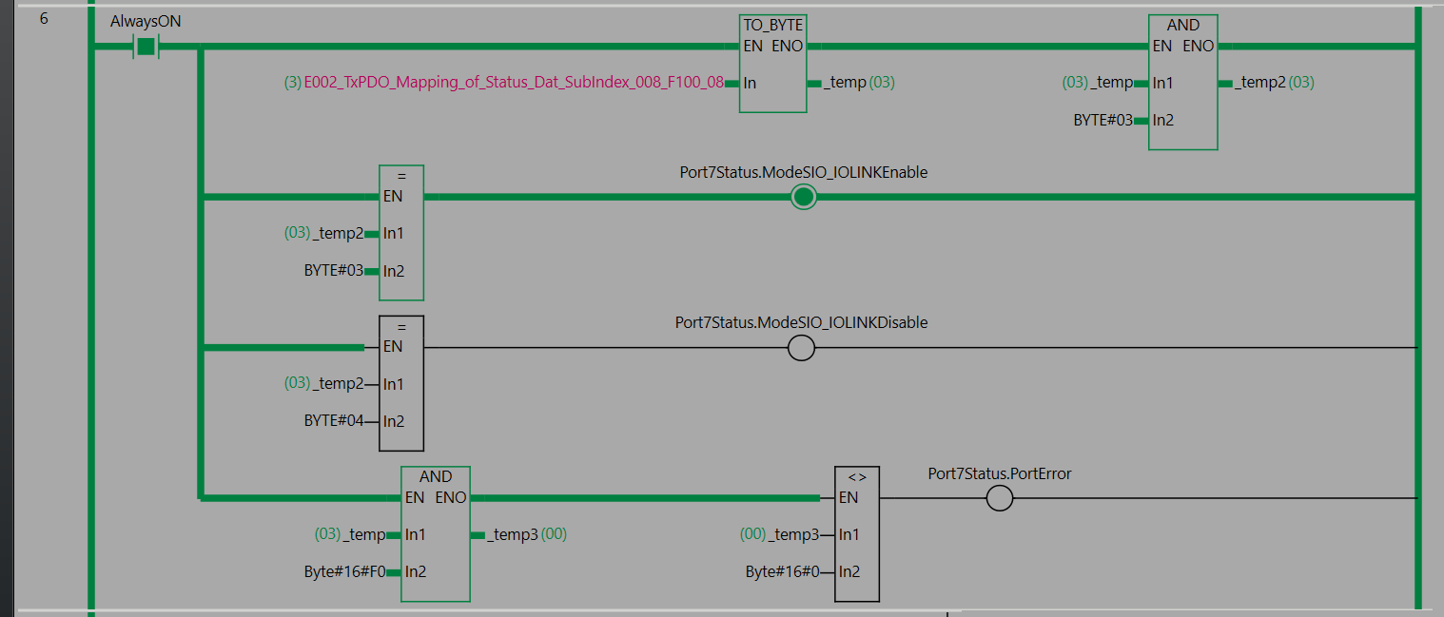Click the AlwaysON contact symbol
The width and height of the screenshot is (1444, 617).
pyautogui.click(x=146, y=47)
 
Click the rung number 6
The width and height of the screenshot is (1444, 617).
pyautogui.click(x=44, y=19)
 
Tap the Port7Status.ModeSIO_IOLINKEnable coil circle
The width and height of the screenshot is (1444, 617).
pyautogui.click(x=803, y=197)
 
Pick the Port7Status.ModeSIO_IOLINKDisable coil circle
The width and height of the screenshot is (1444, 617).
pyautogui.click(x=801, y=348)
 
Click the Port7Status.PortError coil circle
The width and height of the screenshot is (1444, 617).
pyautogui.click(x=999, y=498)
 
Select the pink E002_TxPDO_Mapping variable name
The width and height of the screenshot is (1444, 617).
pyautogui.click(x=514, y=83)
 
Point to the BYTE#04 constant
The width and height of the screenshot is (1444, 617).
pyautogui.click(x=333, y=420)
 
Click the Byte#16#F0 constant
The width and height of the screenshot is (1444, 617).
pyautogui.click(x=344, y=571)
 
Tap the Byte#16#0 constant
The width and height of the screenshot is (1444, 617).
pyautogui.click(x=782, y=571)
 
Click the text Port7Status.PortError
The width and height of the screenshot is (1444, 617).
pyautogui.click(x=999, y=474)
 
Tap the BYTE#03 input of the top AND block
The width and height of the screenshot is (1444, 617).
pyautogui.click(x=1103, y=120)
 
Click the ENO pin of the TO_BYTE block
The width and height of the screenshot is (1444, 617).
pyautogui.click(x=787, y=47)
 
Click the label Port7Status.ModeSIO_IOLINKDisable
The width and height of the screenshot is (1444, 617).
pyautogui.click(x=801, y=322)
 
